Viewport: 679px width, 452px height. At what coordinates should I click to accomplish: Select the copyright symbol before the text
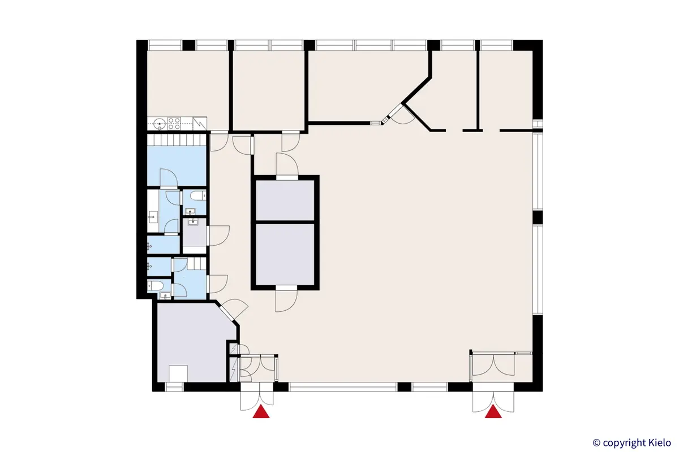point(596,442)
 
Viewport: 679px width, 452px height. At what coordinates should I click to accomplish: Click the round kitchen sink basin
point(158,123)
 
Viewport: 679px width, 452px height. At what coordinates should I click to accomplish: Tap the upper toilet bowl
point(196,196)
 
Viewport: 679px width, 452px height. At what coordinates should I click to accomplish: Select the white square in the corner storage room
point(179,374)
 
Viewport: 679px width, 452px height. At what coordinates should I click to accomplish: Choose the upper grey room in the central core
point(285,200)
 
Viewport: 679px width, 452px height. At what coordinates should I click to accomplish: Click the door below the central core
point(286,299)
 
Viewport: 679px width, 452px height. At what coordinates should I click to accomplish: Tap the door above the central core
point(286,164)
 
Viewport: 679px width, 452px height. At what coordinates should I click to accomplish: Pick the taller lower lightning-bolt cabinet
point(233,370)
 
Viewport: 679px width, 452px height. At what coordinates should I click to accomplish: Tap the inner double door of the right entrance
point(493,365)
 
